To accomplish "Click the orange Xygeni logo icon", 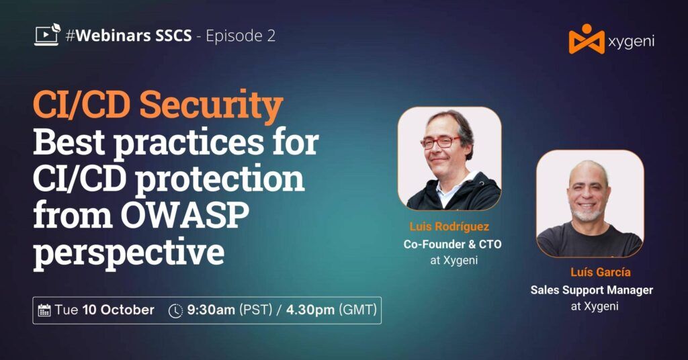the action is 587,39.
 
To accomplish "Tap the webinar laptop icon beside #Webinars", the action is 48,35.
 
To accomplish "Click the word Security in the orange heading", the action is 212,105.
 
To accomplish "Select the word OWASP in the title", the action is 185,215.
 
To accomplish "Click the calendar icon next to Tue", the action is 44,310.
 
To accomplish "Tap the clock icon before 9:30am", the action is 175,310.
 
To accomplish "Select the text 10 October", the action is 118,310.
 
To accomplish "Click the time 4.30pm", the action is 310,310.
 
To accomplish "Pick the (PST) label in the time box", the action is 255,310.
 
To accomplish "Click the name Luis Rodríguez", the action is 449,227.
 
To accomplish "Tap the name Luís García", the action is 600,272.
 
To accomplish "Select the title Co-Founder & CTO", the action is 452,244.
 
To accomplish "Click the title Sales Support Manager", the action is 591,290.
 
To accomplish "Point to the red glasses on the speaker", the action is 440,142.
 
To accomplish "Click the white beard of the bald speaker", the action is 587,215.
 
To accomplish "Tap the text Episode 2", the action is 241,36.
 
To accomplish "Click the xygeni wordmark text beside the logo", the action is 631,42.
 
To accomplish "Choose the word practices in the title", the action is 188,142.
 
